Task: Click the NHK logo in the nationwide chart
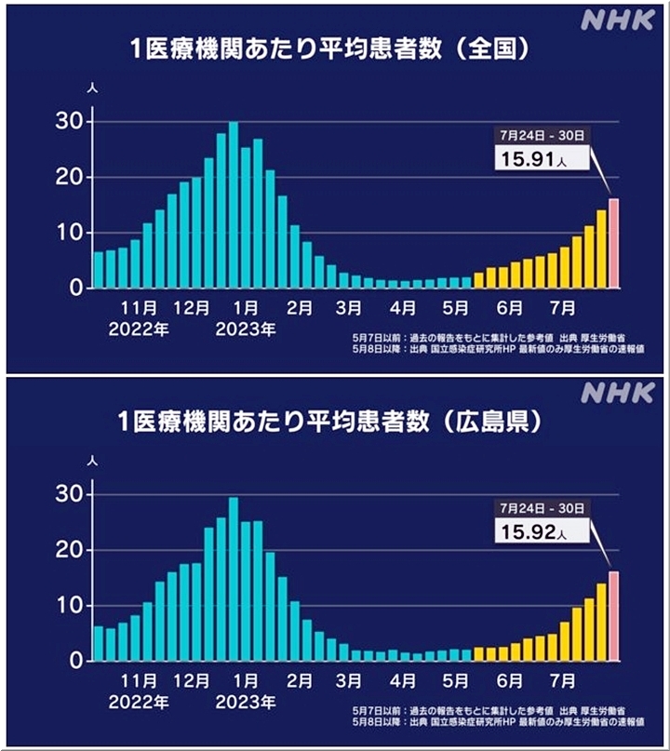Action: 617,20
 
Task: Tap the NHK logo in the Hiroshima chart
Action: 617,393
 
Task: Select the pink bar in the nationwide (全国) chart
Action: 613,244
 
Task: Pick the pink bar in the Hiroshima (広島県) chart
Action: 613,616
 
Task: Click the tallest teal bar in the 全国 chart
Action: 234,205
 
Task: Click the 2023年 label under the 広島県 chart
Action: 246,699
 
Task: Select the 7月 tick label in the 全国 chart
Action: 563,306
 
